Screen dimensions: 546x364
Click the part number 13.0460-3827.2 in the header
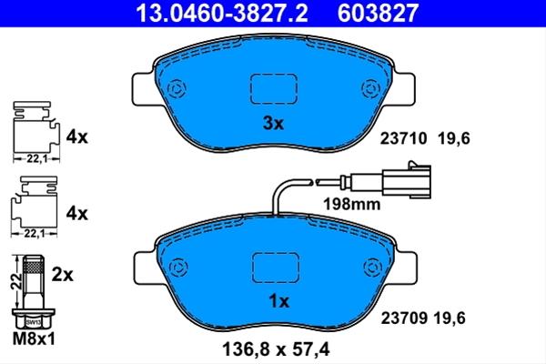(222, 13)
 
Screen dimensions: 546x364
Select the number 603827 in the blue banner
(378, 13)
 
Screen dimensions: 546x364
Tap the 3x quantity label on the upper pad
(273, 123)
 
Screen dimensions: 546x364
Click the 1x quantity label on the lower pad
(279, 301)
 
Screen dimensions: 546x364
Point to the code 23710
(403, 138)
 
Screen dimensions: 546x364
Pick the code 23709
(404, 318)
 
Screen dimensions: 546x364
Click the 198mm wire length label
(352, 204)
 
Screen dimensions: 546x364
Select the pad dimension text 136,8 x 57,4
(276, 349)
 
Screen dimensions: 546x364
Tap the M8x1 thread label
(34, 339)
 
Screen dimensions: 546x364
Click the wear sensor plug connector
(407, 180)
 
